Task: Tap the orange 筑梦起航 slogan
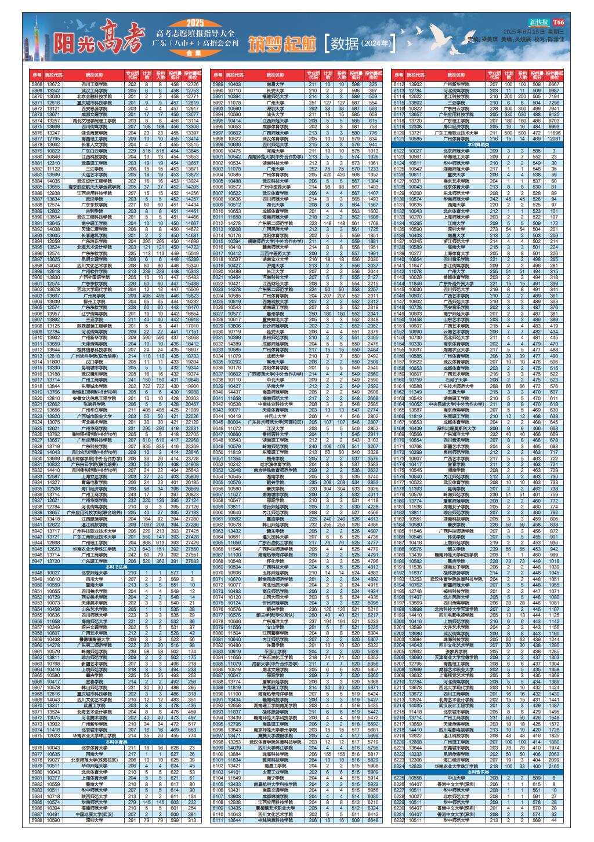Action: point(284,45)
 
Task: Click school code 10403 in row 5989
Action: point(234,85)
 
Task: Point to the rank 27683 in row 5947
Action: point(192,561)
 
